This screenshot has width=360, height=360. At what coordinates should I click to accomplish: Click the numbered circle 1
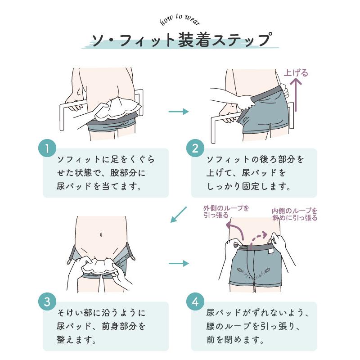point(48,149)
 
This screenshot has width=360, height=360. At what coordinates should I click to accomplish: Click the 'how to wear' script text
point(180,20)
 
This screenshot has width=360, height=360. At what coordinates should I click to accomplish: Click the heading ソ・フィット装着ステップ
point(180,40)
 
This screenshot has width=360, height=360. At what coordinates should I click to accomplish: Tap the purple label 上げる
point(296,73)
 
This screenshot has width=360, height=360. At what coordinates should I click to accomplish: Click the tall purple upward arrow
point(296,94)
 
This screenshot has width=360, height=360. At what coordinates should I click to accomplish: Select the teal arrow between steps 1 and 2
point(179,111)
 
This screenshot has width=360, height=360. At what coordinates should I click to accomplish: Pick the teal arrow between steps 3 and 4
point(179,263)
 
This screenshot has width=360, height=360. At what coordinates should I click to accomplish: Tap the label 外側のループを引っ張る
point(226,211)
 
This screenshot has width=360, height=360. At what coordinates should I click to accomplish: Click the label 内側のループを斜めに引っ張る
point(295,214)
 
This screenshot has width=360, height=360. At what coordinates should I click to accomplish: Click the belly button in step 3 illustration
point(101,234)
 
